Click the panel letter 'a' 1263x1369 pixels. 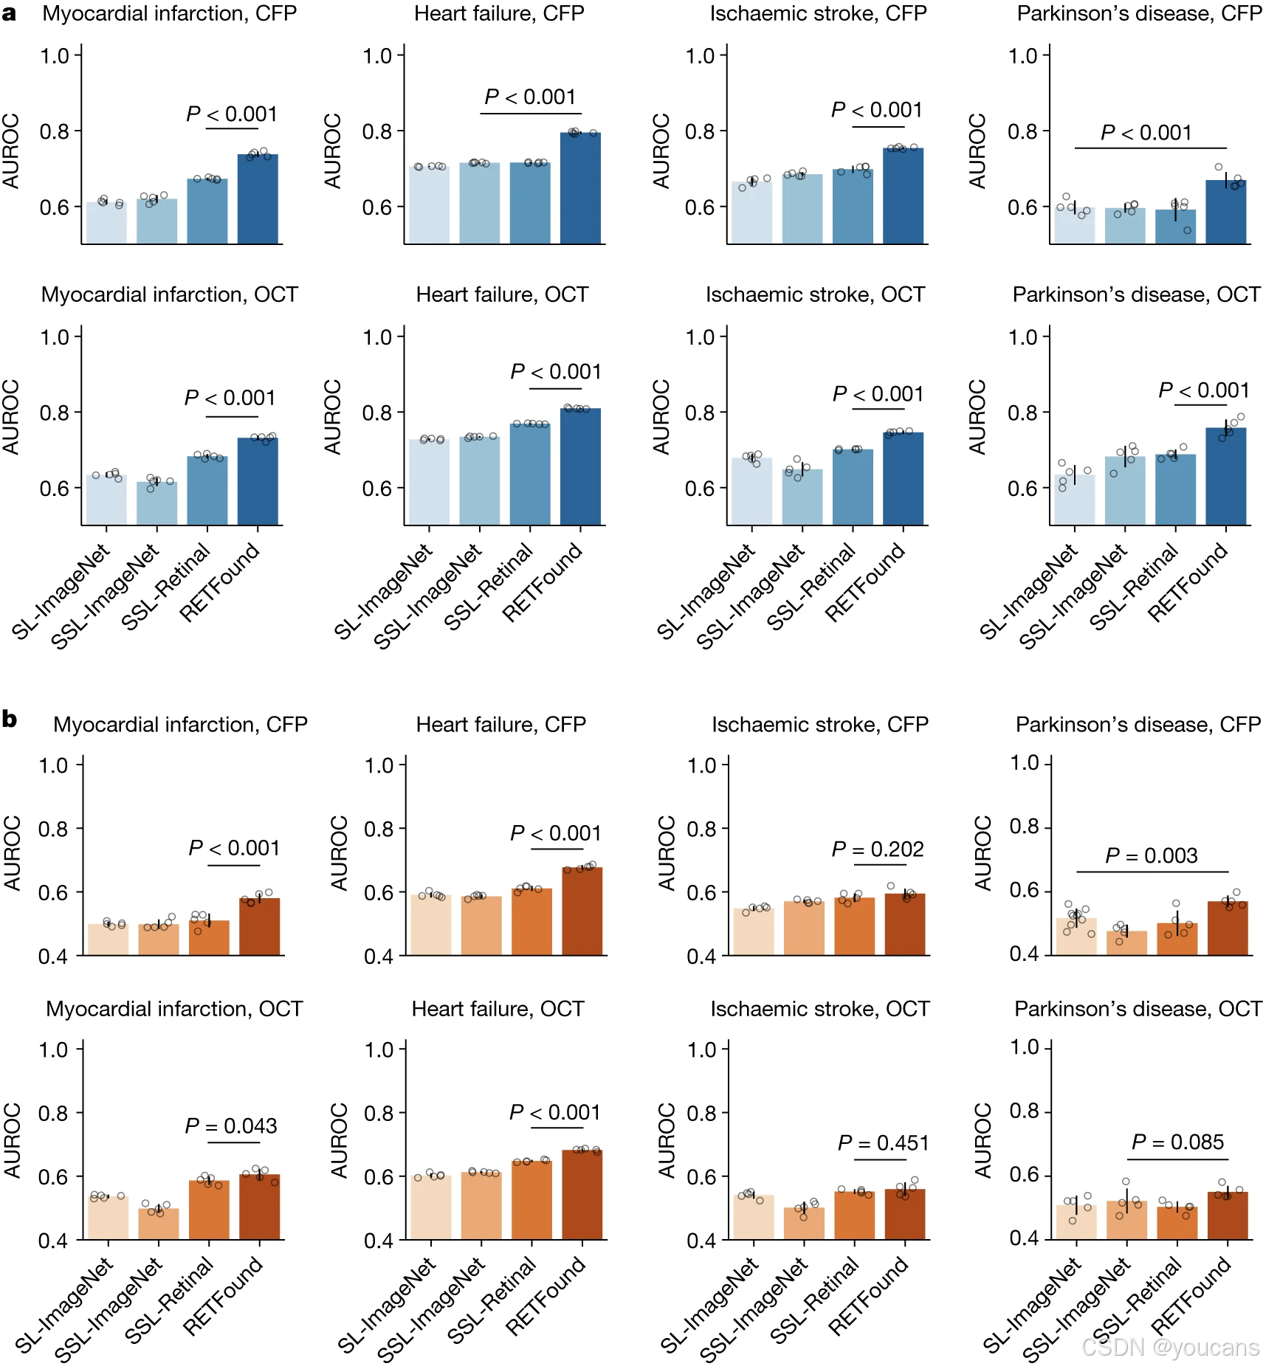tap(9, 13)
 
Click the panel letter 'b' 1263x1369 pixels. tap(10, 718)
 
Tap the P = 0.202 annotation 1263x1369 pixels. tap(877, 849)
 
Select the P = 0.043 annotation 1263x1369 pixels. tap(230, 1126)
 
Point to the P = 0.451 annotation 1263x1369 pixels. tap(882, 1143)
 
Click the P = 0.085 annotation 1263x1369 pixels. tap(1177, 1142)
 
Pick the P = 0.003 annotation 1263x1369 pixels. tap(1151, 856)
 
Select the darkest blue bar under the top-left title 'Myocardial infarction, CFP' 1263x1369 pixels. tap(258, 199)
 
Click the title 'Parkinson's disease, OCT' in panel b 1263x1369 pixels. tap(1138, 1009)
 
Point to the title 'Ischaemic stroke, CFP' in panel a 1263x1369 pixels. tap(818, 13)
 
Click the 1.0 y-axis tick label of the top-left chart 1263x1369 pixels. tap(55, 56)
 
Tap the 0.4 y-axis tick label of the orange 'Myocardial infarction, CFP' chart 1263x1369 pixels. tap(53, 956)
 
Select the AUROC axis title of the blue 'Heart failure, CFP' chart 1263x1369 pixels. tap(333, 151)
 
